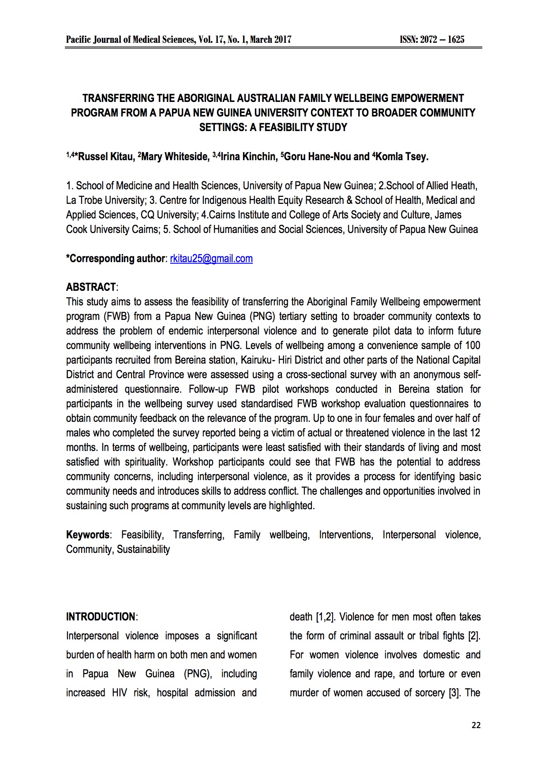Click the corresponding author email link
click(x=211, y=259)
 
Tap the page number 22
click(x=476, y=725)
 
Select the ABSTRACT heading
click(x=91, y=287)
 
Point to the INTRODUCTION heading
click(x=101, y=617)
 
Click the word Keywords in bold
click(x=87, y=535)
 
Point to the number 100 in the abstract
click(x=472, y=346)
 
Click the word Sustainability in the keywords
click(x=143, y=549)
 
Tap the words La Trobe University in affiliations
click(x=105, y=200)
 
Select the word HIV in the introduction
click(x=119, y=693)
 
